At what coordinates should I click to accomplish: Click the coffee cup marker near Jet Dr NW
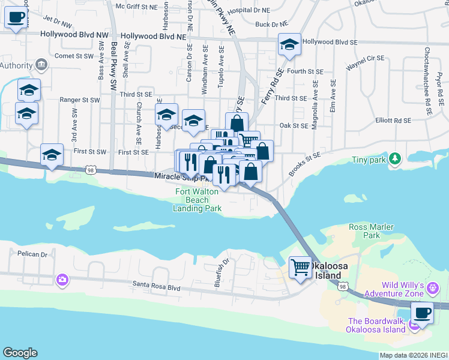[16, 17]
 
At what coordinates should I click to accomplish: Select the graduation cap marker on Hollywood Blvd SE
[289, 45]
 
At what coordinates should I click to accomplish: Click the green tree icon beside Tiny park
[394, 158]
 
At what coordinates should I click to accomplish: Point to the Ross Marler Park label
[372, 231]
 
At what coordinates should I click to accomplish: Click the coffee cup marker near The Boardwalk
[422, 313]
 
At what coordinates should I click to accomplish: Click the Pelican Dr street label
[32, 254]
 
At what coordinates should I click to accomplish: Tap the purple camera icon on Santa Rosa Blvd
[62, 280]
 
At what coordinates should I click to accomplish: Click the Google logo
[20, 353]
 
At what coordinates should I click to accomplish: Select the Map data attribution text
[412, 355]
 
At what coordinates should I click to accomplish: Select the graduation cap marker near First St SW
[52, 155]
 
